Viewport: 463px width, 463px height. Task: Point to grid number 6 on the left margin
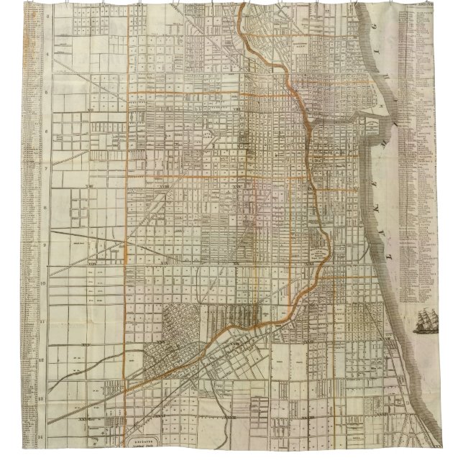tap(48, 131)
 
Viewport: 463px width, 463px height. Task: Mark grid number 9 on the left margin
tap(48, 244)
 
